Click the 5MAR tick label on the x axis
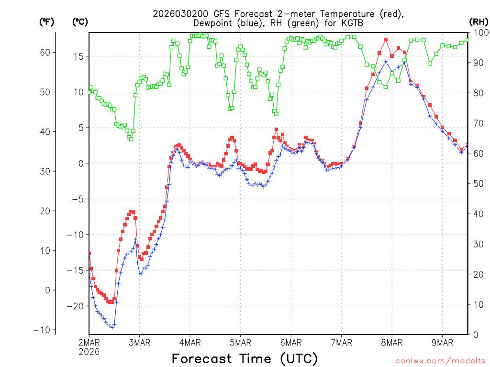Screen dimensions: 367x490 tap(240, 342)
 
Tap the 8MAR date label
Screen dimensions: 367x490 tap(392, 342)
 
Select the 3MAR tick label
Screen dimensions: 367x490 tap(139, 342)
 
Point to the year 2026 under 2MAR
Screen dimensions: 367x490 tap(89, 351)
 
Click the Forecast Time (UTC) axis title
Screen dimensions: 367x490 tap(245, 358)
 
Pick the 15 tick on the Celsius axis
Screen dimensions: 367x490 tap(79, 56)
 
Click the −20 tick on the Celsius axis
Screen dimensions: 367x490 tap(77, 306)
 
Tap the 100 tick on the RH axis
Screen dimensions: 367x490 tap(480, 32)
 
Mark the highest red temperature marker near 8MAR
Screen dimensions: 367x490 tap(385, 40)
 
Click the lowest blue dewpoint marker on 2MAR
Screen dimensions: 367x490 tap(112, 327)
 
